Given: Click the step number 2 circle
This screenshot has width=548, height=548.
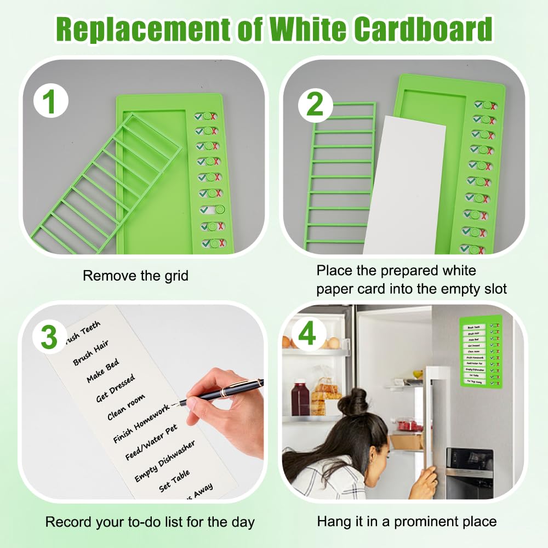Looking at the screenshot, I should click(x=315, y=102).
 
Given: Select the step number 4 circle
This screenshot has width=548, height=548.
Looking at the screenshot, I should click(x=307, y=333).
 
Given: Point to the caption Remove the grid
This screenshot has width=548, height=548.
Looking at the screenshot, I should click(x=135, y=276).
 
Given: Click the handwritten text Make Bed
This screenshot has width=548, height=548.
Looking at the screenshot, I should click(x=102, y=371).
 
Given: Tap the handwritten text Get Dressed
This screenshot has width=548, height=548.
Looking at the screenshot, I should click(x=115, y=389).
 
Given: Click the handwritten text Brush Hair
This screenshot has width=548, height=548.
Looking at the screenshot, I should click(x=91, y=353).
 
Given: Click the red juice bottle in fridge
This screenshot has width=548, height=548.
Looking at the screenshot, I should click(x=300, y=398).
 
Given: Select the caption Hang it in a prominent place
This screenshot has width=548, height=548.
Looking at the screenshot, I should click(x=407, y=521).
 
